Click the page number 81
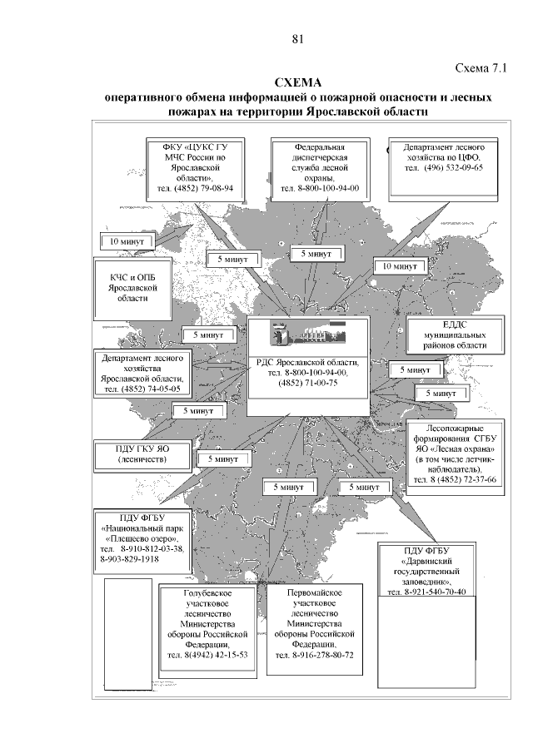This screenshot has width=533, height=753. tap(300, 38)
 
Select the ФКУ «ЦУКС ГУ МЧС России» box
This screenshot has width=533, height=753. tap(198, 167)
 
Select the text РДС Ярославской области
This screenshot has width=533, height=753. tap(308, 364)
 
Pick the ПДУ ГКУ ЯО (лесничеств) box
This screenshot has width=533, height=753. tap(142, 453)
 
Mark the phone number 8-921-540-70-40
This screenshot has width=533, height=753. tap(426, 592)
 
